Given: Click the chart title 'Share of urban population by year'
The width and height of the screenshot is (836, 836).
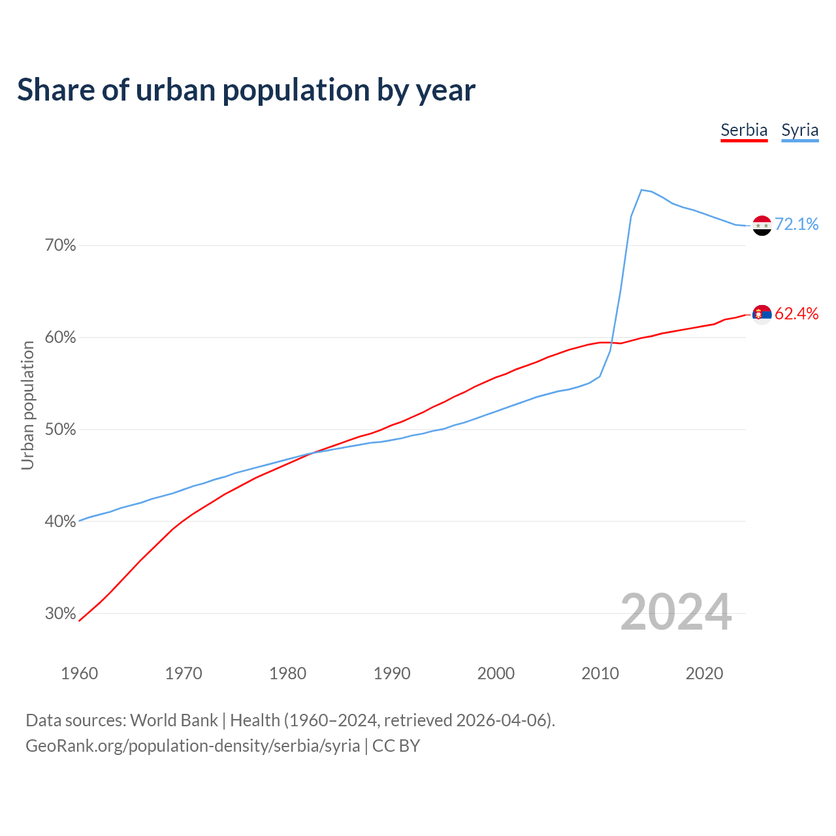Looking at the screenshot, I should (x=246, y=90).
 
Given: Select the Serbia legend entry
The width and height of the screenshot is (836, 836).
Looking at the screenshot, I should (x=744, y=130).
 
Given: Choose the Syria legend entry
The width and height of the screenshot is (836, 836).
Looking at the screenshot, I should (x=799, y=130).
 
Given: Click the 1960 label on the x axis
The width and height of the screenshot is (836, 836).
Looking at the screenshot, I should (x=79, y=673).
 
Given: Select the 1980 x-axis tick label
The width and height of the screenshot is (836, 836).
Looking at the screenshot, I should (x=287, y=673).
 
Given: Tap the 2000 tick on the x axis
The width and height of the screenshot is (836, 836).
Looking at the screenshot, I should (x=496, y=673).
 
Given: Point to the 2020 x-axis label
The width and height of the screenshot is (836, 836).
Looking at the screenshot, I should (x=704, y=673).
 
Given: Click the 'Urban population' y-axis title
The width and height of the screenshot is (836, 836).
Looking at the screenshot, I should (x=27, y=405).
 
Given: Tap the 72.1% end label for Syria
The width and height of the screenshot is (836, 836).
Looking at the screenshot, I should (x=796, y=224).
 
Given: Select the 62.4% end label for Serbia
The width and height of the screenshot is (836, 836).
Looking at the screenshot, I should (x=796, y=313).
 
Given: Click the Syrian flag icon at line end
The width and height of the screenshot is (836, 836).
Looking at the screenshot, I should (x=762, y=225).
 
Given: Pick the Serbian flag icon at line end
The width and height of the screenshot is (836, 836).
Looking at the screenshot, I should (x=762, y=315).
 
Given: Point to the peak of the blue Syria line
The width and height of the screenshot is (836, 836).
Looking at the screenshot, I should (x=641, y=190).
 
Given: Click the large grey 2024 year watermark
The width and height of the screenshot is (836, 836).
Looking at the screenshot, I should (x=676, y=612).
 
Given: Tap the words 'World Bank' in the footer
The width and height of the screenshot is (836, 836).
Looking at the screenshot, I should (x=174, y=720).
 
